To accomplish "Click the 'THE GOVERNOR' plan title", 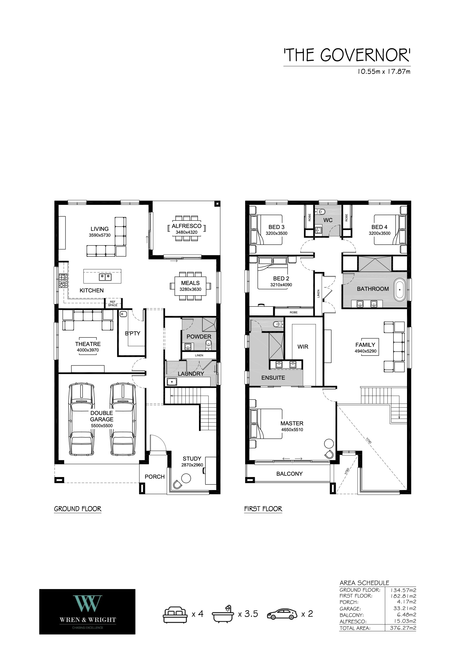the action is (x=347, y=55).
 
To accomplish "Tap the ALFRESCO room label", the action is (x=187, y=226).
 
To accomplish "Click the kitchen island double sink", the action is (x=105, y=277).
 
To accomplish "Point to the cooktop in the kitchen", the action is (x=63, y=280).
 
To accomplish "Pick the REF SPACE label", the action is (x=113, y=304).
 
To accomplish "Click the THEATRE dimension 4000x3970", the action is (x=88, y=350).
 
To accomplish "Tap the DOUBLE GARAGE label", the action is (x=101, y=416).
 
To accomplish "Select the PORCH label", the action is (x=155, y=477).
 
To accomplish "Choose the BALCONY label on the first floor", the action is (x=289, y=474).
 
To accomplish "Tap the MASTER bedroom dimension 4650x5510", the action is (x=292, y=430).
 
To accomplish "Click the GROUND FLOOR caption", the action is (x=78, y=509).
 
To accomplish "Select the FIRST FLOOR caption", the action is (x=263, y=509).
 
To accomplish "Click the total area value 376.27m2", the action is (x=403, y=628).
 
